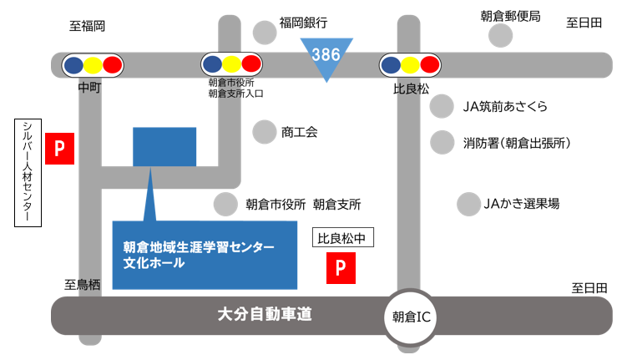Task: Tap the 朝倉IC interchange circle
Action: [x=410, y=317]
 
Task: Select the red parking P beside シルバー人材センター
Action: [x=59, y=149]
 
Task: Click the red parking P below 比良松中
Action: [x=340, y=266]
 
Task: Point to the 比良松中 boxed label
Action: [x=342, y=238]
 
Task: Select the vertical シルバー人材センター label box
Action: [x=28, y=171]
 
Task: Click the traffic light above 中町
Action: [x=93, y=64]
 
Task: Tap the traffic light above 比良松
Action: [x=410, y=64]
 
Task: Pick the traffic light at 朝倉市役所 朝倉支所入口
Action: [x=232, y=64]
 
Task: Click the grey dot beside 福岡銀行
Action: [x=265, y=33]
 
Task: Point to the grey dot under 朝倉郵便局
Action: [x=500, y=35]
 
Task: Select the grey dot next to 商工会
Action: [x=265, y=132]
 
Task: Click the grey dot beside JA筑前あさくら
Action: [x=442, y=106]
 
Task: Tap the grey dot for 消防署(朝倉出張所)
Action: [x=442, y=143]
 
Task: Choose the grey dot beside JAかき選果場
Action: [x=468, y=203]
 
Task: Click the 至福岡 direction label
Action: [x=87, y=26]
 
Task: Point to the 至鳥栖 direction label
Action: [x=83, y=285]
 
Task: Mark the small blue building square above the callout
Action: [x=164, y=147]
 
